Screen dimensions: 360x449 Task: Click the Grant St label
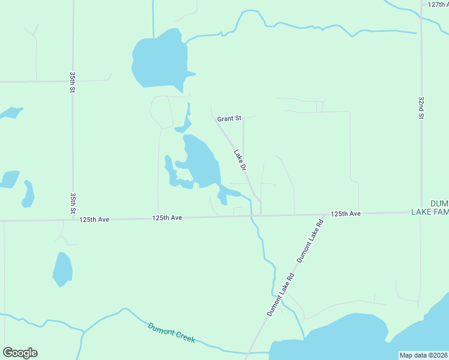click(229, 119)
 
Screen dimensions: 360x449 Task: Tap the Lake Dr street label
click(241, 162)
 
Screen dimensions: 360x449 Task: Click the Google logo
click(20, 353)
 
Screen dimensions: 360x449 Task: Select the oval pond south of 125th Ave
click(62, 269)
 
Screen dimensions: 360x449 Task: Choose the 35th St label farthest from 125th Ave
click(73, 82)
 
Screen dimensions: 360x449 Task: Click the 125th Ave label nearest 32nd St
click(345, 214)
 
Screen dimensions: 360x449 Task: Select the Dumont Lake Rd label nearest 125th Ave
click(311, 241)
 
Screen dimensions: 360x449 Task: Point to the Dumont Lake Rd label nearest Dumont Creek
click(280, 296)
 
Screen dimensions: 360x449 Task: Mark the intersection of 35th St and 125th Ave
click(73, 220)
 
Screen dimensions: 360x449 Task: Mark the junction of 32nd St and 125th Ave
click(421, 212)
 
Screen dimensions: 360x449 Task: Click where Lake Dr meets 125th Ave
click(261, 215)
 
